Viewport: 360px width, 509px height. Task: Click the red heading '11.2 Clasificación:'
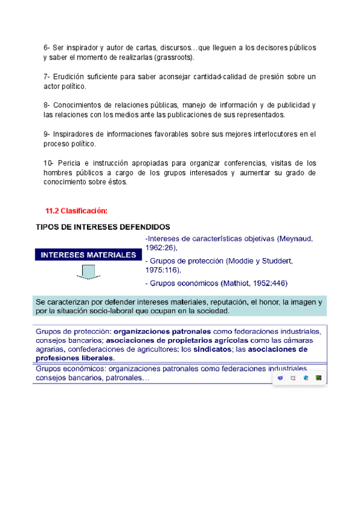pos(76,210)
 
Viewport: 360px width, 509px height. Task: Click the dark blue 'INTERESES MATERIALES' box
pos(88,255)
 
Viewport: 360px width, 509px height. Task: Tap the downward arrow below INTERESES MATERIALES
pos(88,274)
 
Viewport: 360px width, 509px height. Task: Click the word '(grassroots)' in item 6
pos(174,58)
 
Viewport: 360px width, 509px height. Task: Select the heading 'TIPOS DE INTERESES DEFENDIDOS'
pos(103,227)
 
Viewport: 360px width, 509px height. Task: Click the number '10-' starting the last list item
pos(49,163)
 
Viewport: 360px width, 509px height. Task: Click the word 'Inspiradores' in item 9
pos(76,134)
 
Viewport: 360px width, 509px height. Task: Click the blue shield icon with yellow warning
pos(306,378)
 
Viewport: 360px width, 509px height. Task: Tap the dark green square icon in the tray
pos(319,378)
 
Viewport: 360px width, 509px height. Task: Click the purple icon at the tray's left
pos(280,378)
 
